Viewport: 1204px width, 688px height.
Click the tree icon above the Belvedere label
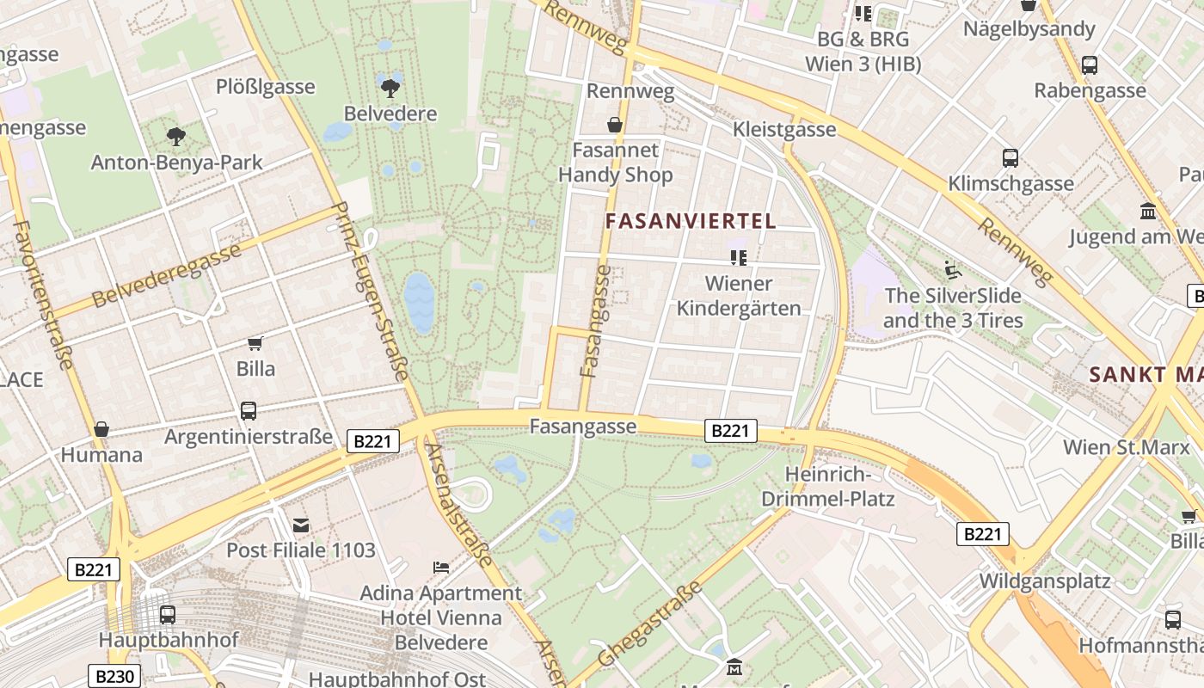[390, 87]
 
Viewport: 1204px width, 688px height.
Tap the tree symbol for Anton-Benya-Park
[176, 136]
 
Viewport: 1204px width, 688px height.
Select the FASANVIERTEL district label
[691, 221]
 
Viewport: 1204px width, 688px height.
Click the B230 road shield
[114, 676]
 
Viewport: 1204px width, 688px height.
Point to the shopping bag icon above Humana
[101, 429]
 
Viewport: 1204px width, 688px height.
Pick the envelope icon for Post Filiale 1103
[300, 525]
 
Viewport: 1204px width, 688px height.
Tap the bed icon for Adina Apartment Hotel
[440, 568]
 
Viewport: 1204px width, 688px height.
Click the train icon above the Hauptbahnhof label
[168, 614]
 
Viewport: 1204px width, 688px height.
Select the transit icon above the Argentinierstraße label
[249, 411]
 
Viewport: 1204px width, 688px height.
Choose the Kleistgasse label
[784, 129]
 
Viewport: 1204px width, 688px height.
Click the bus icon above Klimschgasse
[1010, 158]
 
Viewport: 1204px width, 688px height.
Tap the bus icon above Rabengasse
[1090, 64]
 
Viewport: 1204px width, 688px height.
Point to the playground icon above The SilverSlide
[952, 270]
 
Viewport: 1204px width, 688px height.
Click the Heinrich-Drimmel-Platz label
[828, 487]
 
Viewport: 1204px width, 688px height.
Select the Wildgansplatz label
[1045, 580]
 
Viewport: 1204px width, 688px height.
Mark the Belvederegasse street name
[166, 276]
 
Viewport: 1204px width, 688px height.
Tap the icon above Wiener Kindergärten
[738, 257]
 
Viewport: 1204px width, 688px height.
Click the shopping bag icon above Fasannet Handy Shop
[615, 126]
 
